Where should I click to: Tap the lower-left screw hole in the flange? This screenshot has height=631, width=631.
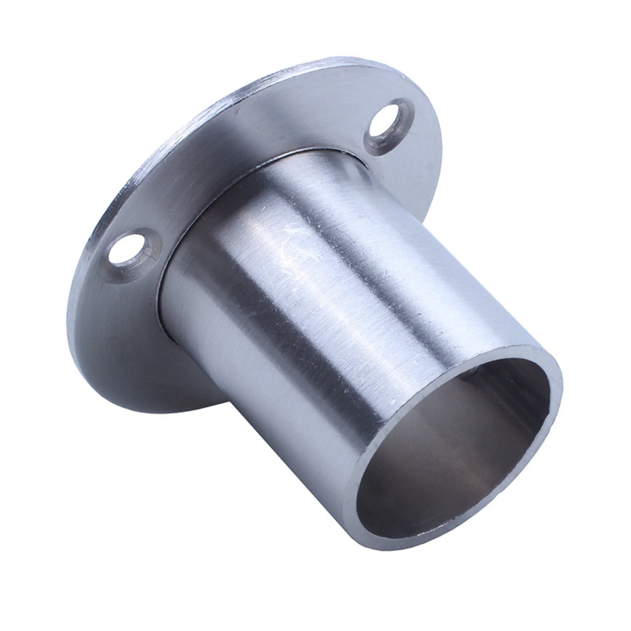126,248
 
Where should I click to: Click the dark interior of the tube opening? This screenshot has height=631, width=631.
445,464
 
